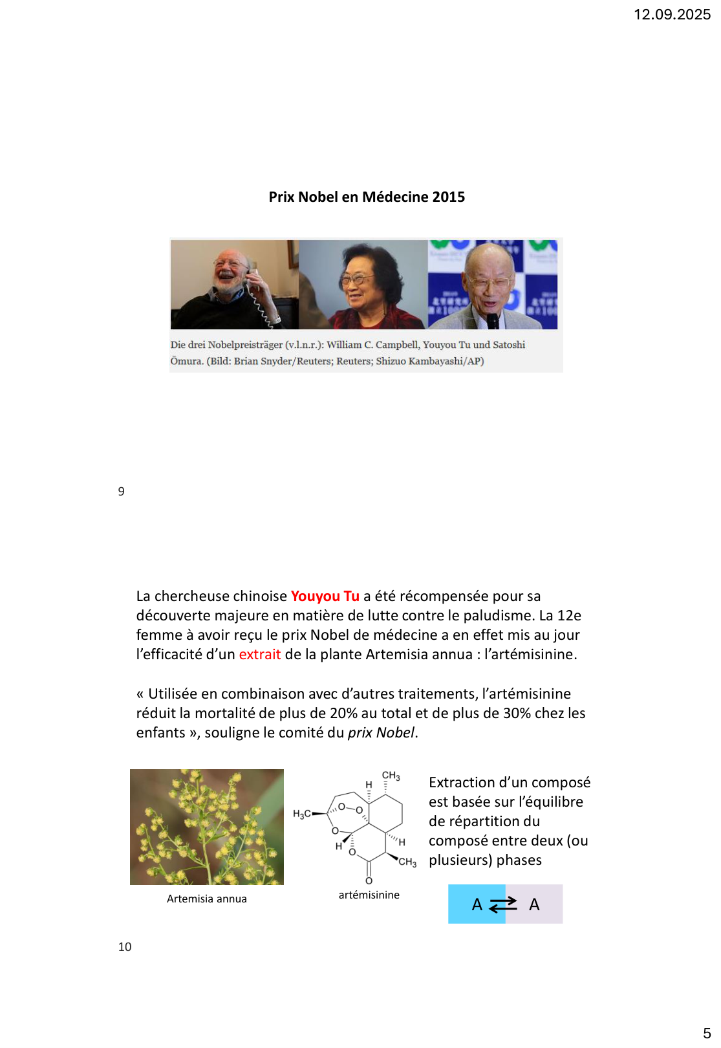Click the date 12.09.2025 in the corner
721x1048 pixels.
672,14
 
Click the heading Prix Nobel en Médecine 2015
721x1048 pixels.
367,197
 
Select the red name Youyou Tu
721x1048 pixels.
325,596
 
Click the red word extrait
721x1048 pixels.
259,654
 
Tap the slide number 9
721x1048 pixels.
122,492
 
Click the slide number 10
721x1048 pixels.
125,947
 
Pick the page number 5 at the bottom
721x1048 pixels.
707,1033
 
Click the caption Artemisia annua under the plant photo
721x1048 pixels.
207,899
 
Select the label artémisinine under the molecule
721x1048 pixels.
369,895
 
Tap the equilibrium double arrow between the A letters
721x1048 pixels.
503,904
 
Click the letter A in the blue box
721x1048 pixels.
477,904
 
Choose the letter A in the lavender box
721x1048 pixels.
534,904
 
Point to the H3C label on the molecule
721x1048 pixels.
302,814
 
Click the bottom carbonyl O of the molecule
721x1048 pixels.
369,880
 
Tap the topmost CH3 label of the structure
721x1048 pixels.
391,776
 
